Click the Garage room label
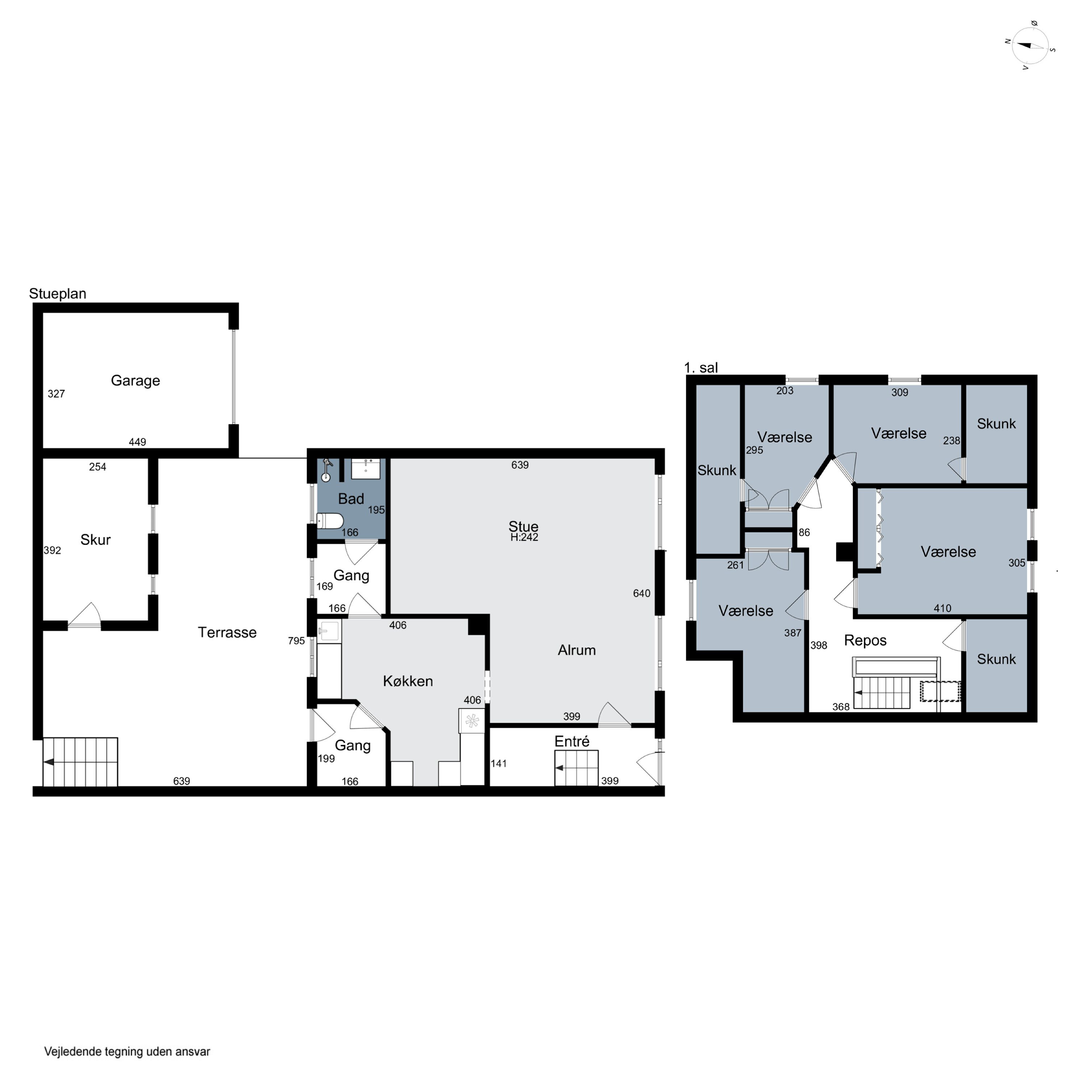(136, 381)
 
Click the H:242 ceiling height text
(524, 537)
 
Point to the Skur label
(96, 540)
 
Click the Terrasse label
(227, 632)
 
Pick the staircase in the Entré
(576, 768)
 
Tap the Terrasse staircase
(80, 762)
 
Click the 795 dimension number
(296, 641)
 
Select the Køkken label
(408, 681)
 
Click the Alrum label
(577, 650)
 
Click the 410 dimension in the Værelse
(942, 608)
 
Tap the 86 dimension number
(804, 532)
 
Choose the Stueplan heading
(57, 294)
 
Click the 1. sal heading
(701, 368)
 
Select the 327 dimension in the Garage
(56, 394)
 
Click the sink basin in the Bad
(366, 468)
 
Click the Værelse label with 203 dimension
(785, 437)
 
